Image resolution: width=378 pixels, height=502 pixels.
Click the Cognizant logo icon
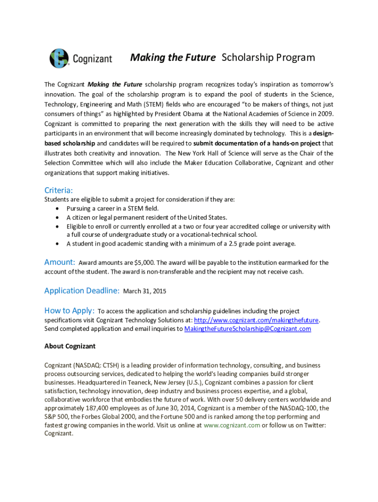pos(59,58)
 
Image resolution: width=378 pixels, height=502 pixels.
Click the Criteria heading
pos(58,190)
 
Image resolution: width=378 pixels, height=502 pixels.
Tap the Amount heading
pos(59,262)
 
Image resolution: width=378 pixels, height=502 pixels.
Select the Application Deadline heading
pos(81,290)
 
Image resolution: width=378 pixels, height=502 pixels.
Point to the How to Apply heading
pos(69,310)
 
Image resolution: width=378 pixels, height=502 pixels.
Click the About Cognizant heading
pos(70,346)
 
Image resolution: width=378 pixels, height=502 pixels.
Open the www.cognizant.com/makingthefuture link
pos(257,320)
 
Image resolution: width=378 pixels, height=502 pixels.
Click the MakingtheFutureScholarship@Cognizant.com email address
pos(247,328)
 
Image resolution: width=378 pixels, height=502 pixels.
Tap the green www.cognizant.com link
pos(232,425)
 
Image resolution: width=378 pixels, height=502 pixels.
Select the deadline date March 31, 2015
pos(144,291)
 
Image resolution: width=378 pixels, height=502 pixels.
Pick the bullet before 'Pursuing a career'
pos(58,208)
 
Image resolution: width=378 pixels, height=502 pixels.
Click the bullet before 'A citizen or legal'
pos(58,217)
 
